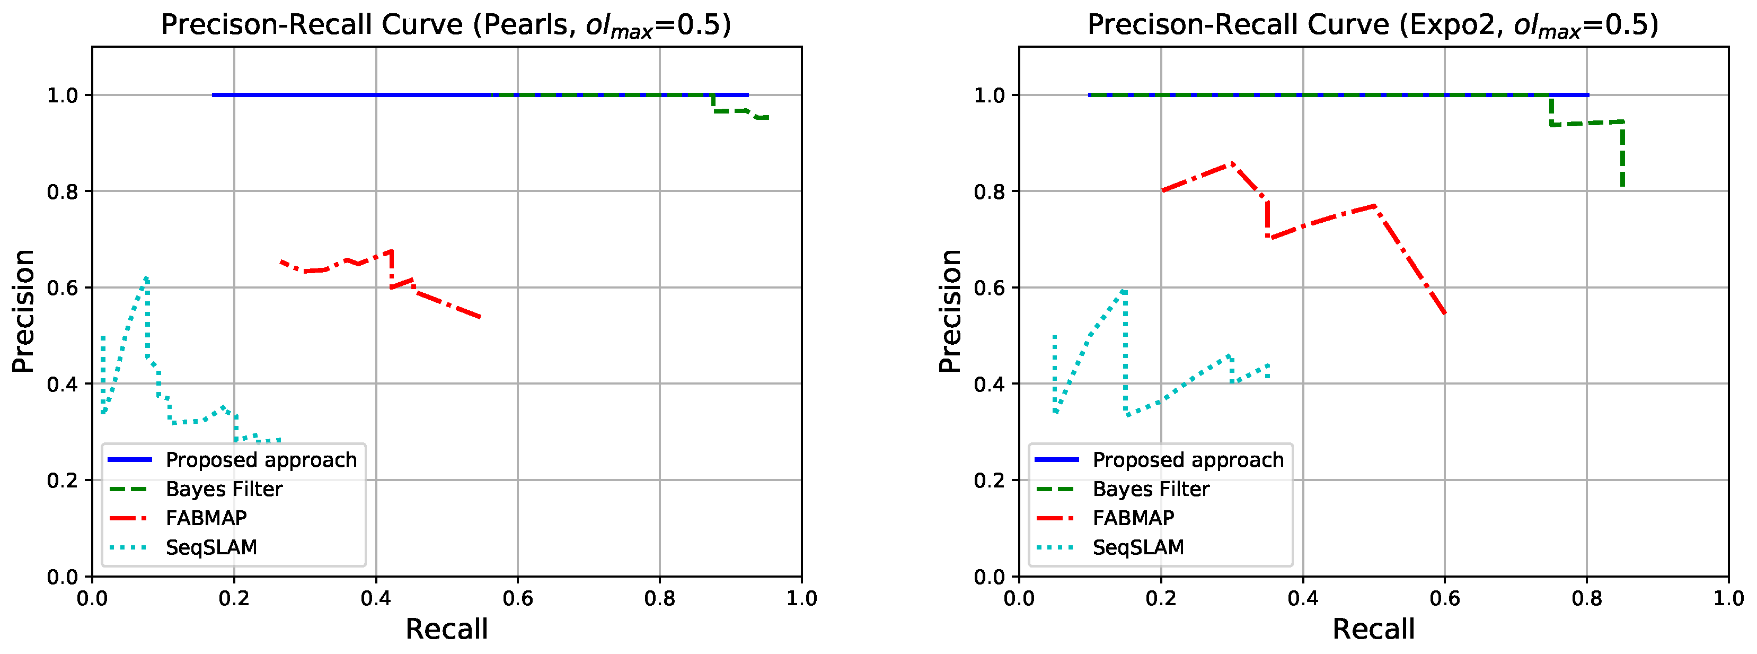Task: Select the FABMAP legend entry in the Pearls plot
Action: click(x=206, y=518)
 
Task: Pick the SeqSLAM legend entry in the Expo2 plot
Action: click(x=1138, y=547)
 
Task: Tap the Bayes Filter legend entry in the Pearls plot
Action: click(x=224, y=490)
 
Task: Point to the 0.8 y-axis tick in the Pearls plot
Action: click(x=62, y=192)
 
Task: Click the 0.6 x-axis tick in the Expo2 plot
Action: click(x=1445, y=599)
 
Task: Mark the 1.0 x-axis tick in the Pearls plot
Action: click(x=801, y=599)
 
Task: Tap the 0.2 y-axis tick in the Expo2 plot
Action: click(x=989, y=481)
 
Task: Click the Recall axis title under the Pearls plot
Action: click(x=447, y=629)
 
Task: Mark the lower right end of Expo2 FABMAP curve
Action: click(x=1445, y=314)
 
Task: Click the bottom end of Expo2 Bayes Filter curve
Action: click(x=1622, y=186)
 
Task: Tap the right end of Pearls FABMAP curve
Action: click(x=481, y=317)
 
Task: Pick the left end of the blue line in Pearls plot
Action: click(x=214, y=95)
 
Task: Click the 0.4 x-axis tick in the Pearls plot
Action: click(x=376, y=599)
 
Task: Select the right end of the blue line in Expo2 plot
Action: click(x=1588, y=95)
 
